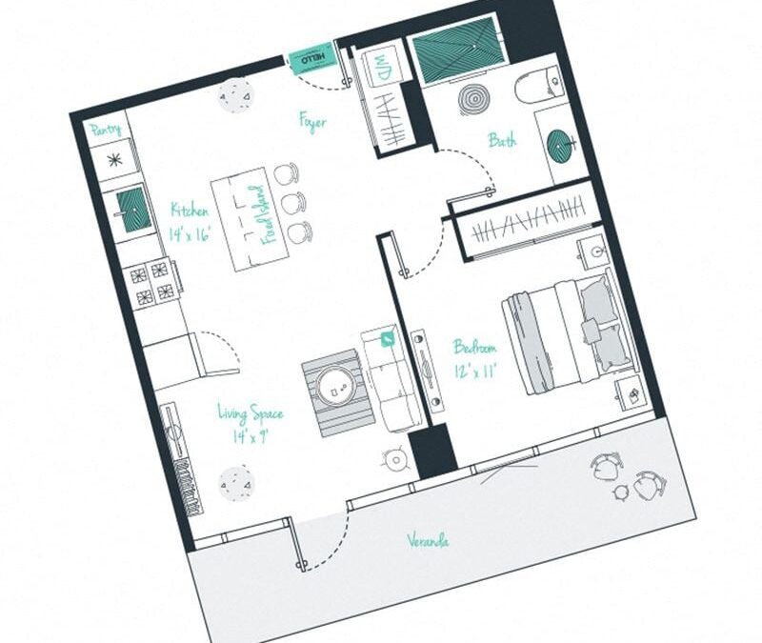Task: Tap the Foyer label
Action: (312, 122)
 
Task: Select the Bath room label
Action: (502, 140)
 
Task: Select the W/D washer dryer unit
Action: (380, 68)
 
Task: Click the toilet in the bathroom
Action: (536, 86)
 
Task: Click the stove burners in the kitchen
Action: (151, 283)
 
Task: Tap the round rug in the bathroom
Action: (473, 99)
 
